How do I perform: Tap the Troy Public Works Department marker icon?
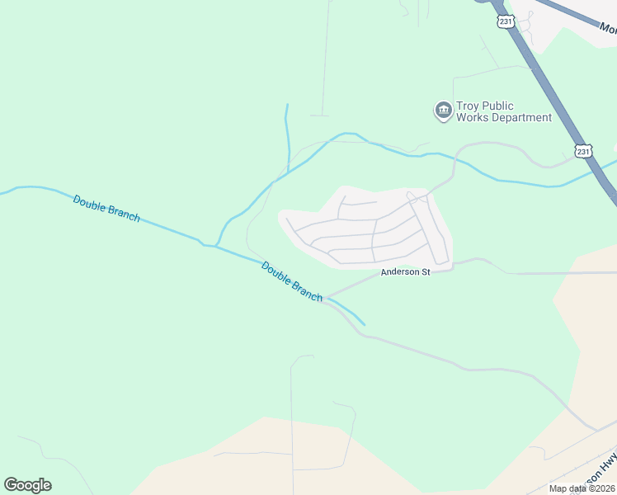[x=443, y=111]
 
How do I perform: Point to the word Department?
[x=520, y=117]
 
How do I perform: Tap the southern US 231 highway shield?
[x=583, y=152]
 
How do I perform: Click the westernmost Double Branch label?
[x=106, y=208]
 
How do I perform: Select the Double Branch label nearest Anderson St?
[x=292, y=280]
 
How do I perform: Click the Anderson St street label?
[x=405, y=272]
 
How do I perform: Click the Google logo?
[x=27, y=484]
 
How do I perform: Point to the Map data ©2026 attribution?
[x=582, y=488]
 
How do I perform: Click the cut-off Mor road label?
[x=608, y=30]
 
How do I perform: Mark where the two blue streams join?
[x=216, y=246]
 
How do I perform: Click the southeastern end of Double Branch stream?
[x=364, y=324]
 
